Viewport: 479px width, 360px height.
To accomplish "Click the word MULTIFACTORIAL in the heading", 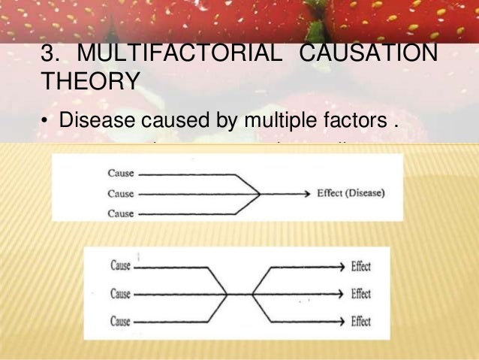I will pos(178,55).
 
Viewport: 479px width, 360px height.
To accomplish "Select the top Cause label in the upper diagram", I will pos(120,174).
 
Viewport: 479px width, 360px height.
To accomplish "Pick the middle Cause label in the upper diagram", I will pos(120,193).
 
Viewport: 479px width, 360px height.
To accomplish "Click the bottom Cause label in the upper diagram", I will pos(120,213).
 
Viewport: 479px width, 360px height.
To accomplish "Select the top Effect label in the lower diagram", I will pos(360,266).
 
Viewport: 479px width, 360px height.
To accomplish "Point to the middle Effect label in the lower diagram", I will pos(360,294).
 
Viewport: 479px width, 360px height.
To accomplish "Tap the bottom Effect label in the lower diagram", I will pos(360,322).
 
